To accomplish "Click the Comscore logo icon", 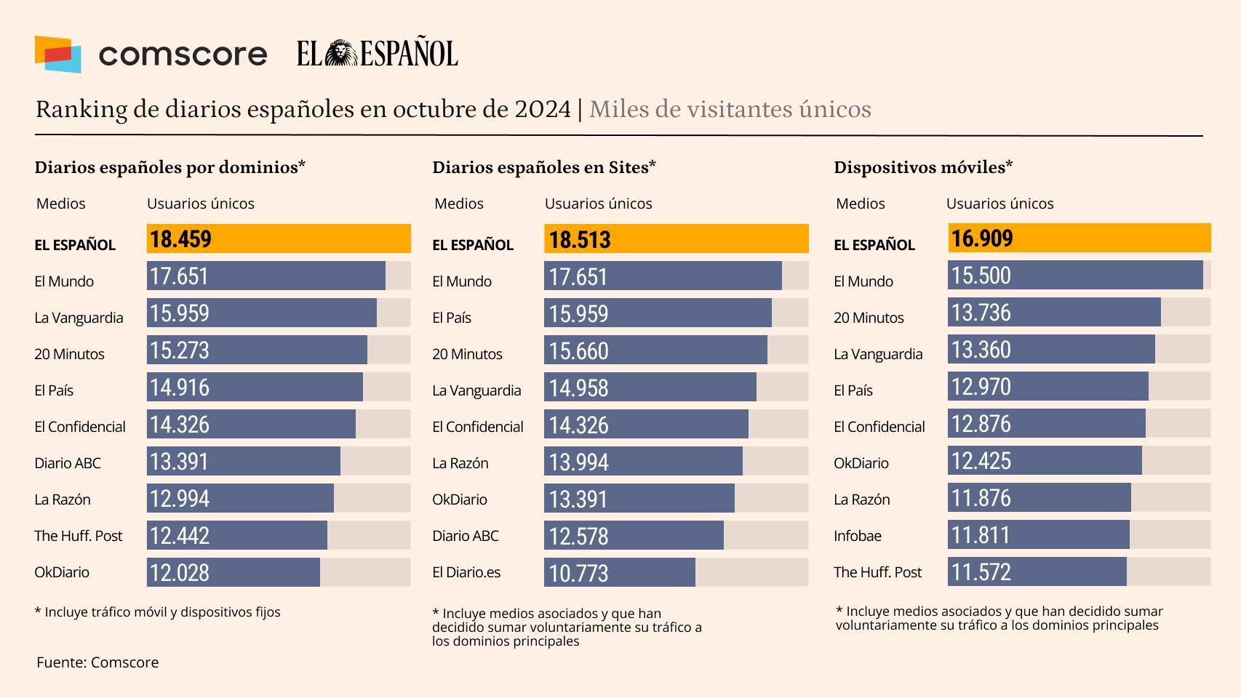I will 57,55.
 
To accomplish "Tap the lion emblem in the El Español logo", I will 339,54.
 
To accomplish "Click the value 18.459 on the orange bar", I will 180,239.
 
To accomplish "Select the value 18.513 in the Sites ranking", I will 579,240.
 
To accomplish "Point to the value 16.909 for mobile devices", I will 982,238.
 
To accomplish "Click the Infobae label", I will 857,536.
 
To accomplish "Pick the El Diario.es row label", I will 466,572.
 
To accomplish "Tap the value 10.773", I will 578,574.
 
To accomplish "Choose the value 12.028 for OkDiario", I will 180,573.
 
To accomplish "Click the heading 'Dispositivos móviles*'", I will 923,167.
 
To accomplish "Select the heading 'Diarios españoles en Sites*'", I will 544,167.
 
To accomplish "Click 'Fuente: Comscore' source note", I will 97,662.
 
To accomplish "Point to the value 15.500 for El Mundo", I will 981,276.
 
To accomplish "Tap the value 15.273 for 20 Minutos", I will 180,350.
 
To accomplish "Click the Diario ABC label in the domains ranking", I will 68,463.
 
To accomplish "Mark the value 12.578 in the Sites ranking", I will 578,537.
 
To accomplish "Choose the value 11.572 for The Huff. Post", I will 981,572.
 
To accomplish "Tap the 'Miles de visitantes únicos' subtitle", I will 730,109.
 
